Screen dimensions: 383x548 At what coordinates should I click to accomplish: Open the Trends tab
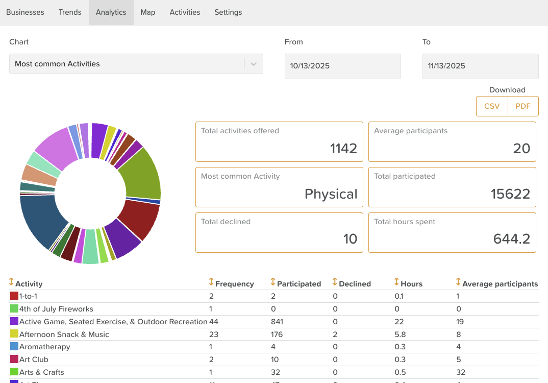pos(70,12)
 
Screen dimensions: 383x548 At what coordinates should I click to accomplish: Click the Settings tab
pos(228,12)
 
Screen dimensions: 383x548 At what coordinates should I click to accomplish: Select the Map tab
pos(148,12)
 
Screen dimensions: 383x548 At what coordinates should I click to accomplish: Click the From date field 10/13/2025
pos(342,66)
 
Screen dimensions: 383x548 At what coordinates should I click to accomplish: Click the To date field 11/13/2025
pos(480,66)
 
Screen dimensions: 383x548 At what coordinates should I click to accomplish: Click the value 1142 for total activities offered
pos(343,149)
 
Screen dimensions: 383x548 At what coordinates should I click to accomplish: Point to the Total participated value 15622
pos(510,194)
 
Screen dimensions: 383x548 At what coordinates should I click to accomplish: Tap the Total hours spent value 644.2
pos(512,239)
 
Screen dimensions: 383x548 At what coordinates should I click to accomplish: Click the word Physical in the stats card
pos(331,194)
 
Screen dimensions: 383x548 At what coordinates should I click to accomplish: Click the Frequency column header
pos(234,283)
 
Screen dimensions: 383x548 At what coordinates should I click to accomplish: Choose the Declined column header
pos(355,283)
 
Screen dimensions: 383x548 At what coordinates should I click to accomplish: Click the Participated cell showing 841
pos(277,322)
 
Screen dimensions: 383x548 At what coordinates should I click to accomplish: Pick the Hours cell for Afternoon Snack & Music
pos(400,334)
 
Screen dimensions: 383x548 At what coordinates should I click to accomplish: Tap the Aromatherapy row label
pos(44,347)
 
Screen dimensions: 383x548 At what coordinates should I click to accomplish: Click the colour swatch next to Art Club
pos(14,360)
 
